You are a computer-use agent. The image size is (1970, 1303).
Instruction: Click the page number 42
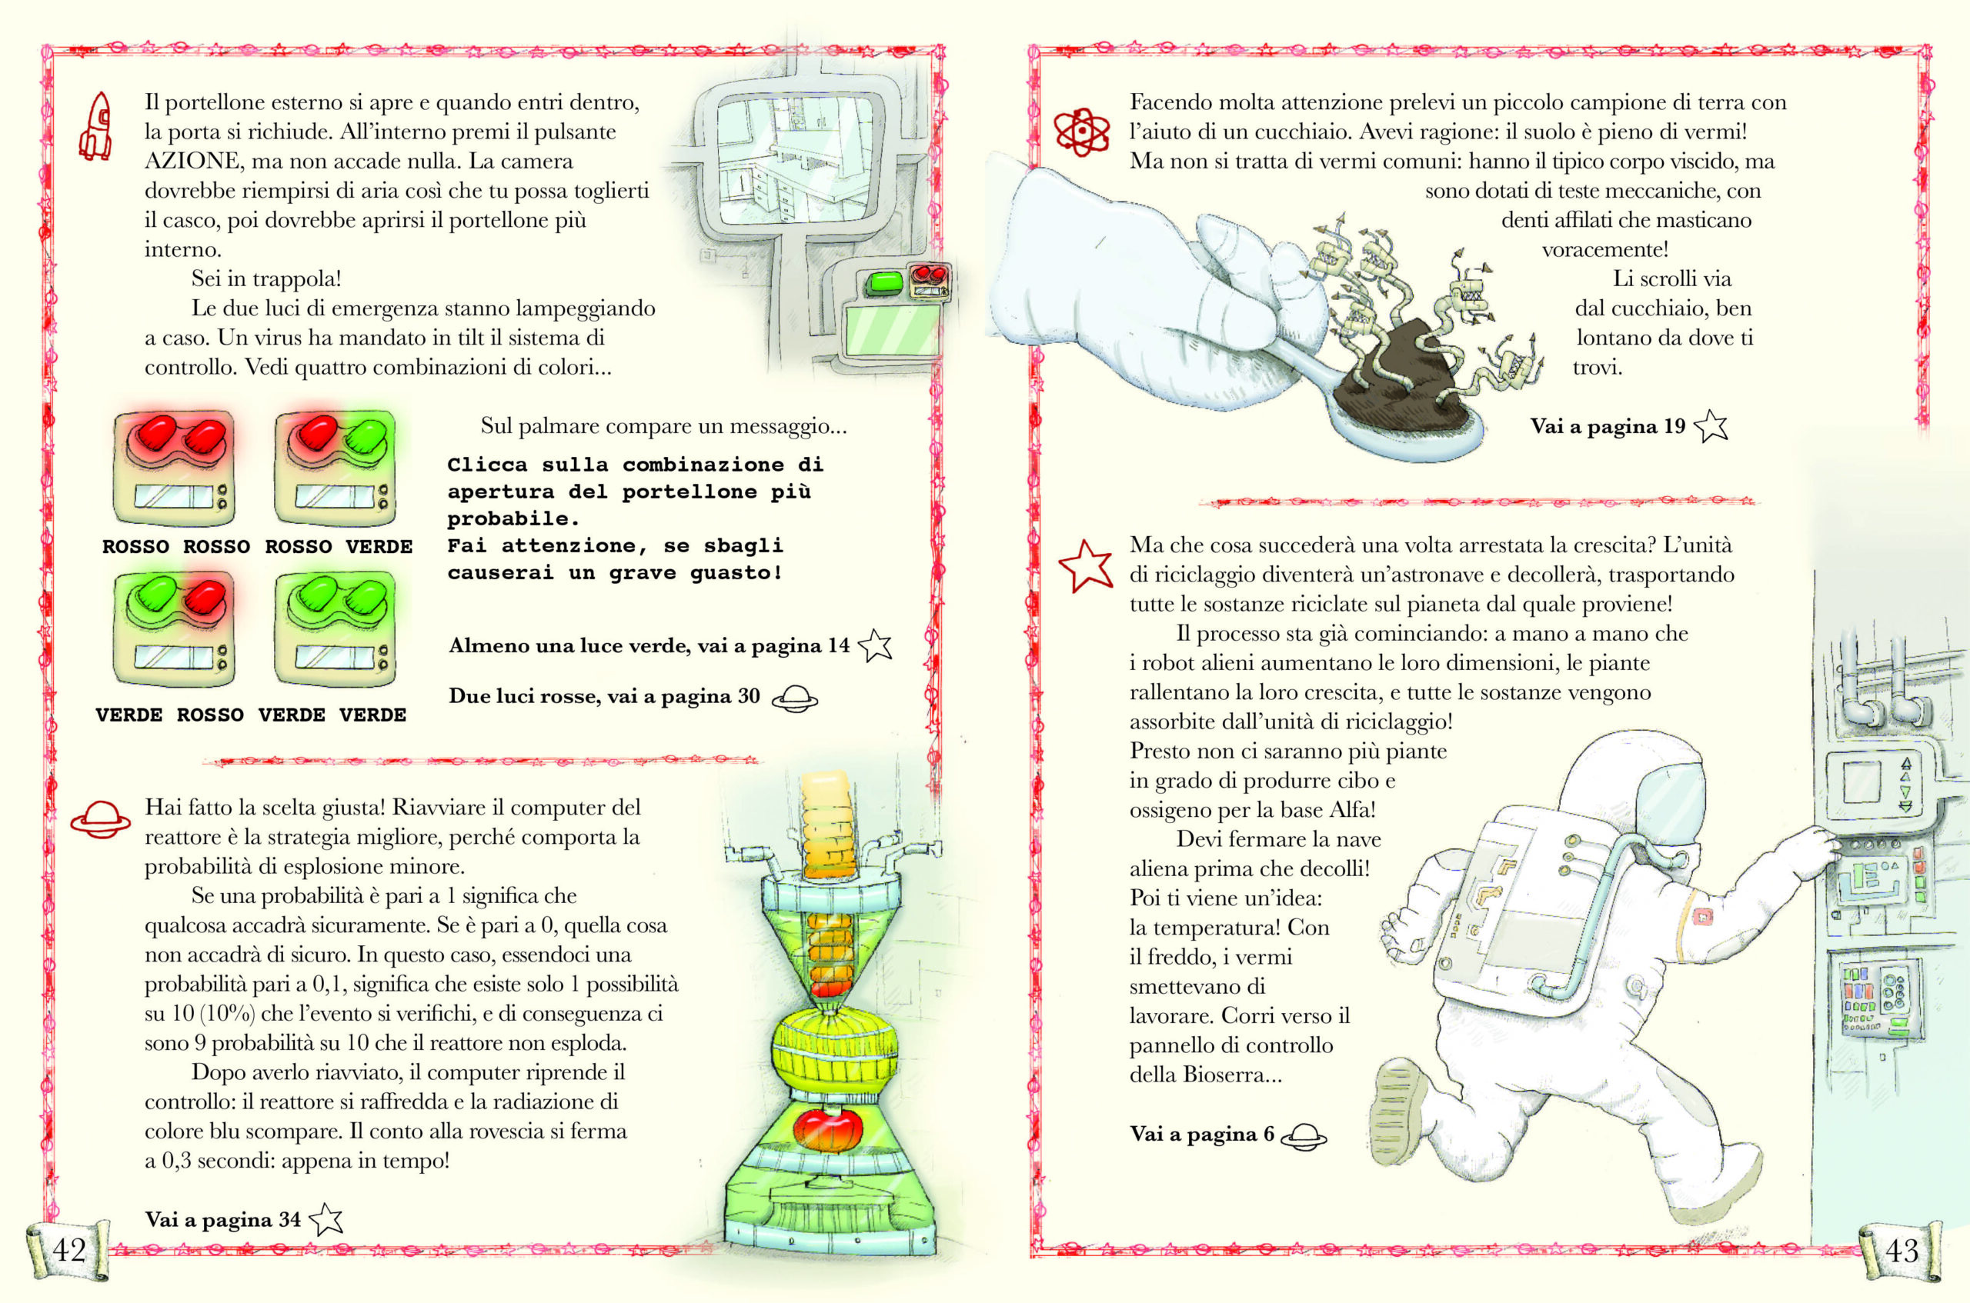point(69,1249)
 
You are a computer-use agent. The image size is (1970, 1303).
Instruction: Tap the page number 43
point(1902,1250)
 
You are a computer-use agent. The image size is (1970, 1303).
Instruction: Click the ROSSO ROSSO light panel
point(175,467)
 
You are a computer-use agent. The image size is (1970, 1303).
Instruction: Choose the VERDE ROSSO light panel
point(175,629)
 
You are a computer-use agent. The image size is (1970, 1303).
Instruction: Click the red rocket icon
point(95,125)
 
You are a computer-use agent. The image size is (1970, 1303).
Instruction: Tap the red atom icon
point(1081,132)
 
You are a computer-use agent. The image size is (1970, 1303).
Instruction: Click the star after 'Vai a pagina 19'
point(1711,426)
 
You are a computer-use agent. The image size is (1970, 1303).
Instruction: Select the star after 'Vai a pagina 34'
point(326,1219)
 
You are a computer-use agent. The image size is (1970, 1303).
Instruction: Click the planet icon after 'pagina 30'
point(795,698)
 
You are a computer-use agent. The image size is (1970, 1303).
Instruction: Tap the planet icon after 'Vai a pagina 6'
point(1304,1136)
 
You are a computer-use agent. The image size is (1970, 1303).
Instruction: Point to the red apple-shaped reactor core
point(829,1128)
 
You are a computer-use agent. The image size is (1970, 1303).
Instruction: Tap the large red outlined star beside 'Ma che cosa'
point(1086,565)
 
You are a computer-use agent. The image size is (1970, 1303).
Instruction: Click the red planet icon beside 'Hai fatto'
point(100,818)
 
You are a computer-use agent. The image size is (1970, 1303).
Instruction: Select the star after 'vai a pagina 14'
point(874,645)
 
